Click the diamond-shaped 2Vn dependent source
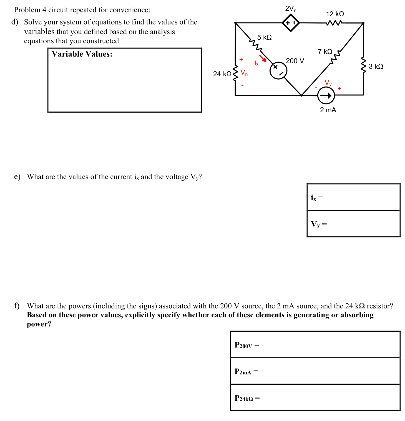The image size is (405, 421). [x=291, y=23]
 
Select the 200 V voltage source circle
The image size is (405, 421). [x=278, y=70]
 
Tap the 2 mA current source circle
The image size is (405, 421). [x=326, y=96]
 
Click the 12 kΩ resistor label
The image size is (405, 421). [x=335, y=14]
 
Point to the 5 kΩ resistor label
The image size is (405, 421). [x=264, y=37]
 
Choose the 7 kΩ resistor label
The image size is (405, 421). [x=325, y=52]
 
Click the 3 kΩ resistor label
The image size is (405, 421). [x=376, y=67]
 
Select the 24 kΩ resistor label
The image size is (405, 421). [x=222, y=74]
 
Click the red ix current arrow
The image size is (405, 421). [x=263, y=59]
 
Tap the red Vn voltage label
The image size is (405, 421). [x=244, y=73]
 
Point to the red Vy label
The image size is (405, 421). [x=328, y=83]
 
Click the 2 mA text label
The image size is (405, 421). [x=328, y=110]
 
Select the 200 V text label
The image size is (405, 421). [x=295, y=61]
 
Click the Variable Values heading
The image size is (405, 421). [x=82, y=54]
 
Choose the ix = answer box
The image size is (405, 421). [x=353, y=197]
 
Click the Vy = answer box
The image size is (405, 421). [x=353, y=224]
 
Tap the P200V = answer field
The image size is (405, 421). [x=315, y=345]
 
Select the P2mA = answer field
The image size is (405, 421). [x=315, y=371]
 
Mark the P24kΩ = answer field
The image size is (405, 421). [x=315, y=398]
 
